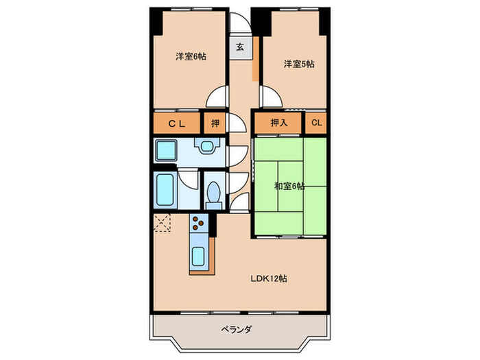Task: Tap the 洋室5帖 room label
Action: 299,64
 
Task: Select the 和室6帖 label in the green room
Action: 290,186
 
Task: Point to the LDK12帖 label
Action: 268,278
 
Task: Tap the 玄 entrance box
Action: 240,47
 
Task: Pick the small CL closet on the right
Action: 316,123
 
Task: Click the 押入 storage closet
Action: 278,123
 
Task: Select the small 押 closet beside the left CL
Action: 215,123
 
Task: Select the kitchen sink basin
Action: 199,259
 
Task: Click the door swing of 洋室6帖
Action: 217,96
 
